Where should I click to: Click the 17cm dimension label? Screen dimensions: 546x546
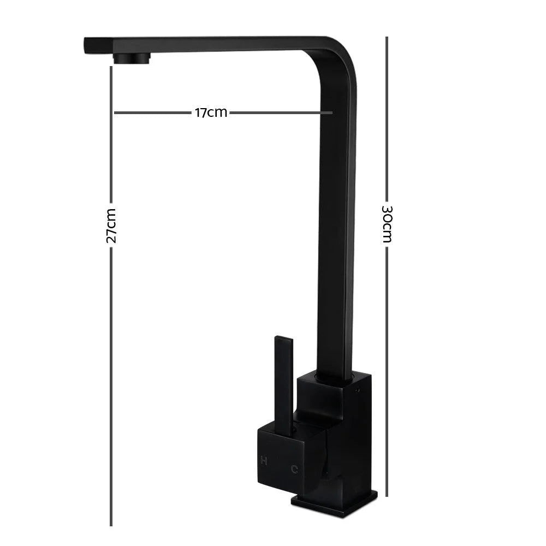211,113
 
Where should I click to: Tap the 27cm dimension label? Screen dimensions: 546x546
111,225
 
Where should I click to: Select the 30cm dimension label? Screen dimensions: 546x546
387,224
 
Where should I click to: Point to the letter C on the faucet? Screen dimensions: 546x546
294,468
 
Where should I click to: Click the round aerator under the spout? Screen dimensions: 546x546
131,58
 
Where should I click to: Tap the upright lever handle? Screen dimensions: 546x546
284,382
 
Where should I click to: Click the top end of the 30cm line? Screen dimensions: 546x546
387,38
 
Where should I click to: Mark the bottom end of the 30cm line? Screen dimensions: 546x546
387,496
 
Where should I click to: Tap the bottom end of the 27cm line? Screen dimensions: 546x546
111,525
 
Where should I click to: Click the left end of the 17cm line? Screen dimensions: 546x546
115,113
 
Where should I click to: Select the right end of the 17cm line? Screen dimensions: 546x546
331,113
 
